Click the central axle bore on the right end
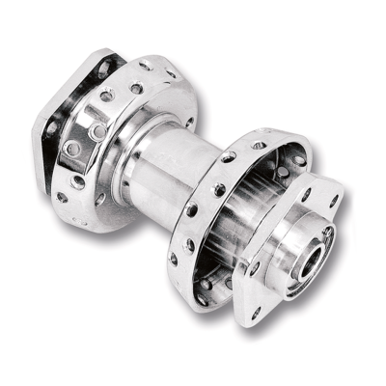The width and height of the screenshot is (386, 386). coord(316,257)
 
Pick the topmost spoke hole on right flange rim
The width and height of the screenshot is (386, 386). coord(259,145)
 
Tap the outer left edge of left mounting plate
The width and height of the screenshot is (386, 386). coord(39,135)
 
